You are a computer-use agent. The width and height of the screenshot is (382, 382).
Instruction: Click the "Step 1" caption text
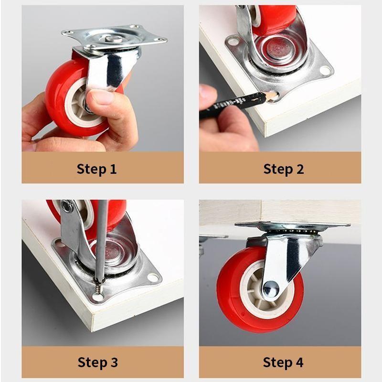97,169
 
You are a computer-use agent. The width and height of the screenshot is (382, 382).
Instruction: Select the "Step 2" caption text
284,169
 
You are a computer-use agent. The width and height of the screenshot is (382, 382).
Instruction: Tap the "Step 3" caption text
97,362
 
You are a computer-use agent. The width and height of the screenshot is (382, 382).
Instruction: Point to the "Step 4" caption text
283,362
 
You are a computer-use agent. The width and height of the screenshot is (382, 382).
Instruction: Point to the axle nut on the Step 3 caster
68,207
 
